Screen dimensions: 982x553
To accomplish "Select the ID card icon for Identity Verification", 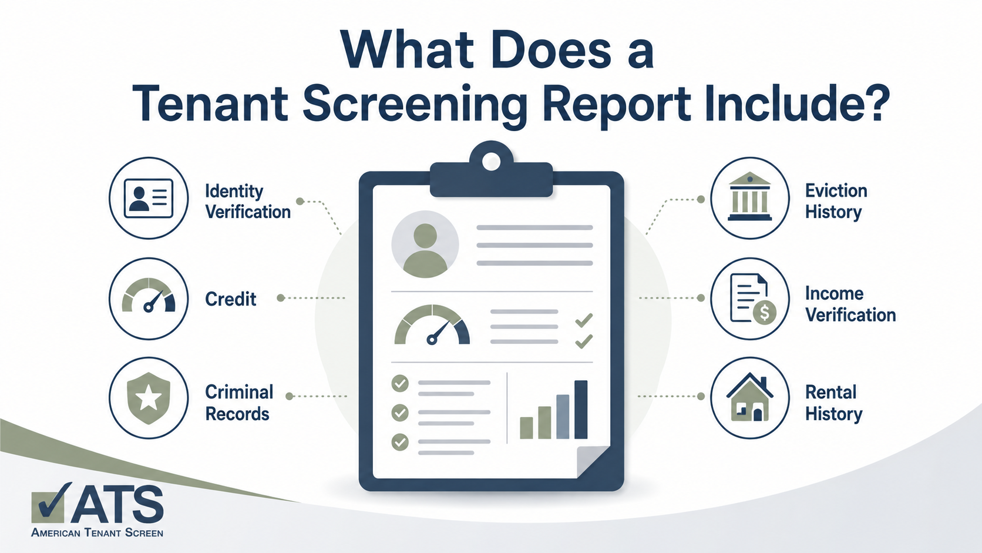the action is tap(149, 198).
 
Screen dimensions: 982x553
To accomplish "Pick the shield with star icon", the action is tap(149, 398).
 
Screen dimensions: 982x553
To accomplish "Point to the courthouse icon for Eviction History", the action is tap(749, 196).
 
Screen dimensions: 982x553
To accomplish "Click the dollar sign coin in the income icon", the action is tap(765, 313).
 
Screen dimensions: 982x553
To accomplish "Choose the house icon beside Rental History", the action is tap(749, 397).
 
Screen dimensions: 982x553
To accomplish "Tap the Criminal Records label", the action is tap(240, 403).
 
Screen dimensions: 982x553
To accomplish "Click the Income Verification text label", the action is tap(850, 304).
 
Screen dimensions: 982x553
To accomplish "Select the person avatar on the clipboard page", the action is tap(425, 244).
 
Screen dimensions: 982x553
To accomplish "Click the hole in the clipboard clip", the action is tap(491, 162).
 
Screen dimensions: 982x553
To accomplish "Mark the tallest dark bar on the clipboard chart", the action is tap(581, 409).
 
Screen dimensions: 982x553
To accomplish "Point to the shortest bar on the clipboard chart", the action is tap(526, 428).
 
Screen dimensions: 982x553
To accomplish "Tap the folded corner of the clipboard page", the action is tap(593, 462).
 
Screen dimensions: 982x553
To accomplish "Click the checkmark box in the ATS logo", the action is tap(49, 505).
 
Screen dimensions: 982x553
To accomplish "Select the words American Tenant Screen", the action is tap(97, 532).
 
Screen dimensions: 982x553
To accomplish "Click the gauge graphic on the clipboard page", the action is tap(432, 324).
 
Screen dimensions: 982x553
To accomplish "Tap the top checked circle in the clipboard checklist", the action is tap(400, 384).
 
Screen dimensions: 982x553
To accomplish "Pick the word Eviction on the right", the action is tap(836, 191).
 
